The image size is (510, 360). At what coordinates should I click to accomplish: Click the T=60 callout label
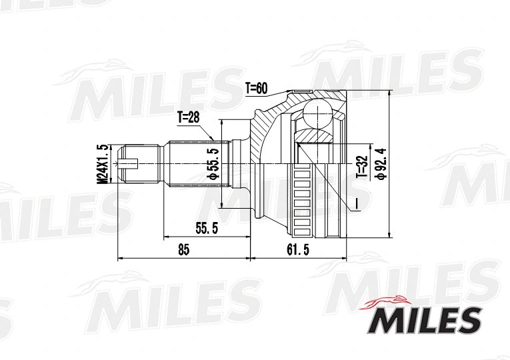tap(256, 87)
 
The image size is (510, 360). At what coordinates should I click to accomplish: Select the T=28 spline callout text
tap(189, 118)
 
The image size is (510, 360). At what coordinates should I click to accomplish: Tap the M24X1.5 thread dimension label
tap(102, 163)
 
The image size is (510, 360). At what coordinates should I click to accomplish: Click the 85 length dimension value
tap(184, 249)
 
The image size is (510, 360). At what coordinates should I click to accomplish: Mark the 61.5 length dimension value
tap(298, 249)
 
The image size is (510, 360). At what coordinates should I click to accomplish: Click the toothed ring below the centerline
tap(304, 200)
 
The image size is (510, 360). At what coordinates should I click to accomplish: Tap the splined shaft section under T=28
tap(193, 163)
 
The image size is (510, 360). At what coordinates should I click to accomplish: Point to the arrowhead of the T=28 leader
tap(214, 139)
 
